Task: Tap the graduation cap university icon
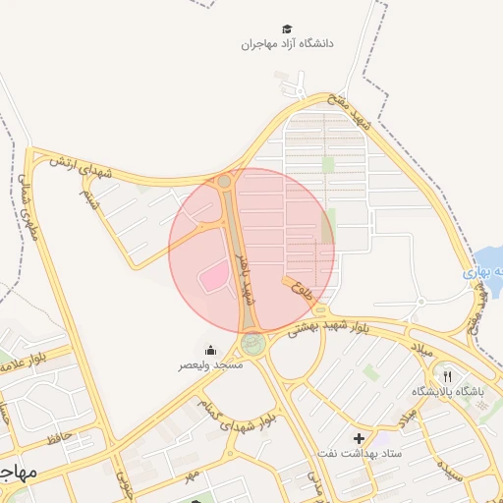click(287, 29)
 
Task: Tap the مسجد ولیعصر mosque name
click(210, 364)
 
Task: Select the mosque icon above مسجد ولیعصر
click(209, 351)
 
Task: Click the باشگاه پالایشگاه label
click(448, 391)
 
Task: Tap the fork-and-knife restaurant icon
click(447, 376)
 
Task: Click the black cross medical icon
click(359, 437)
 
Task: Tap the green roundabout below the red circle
click(253, 344)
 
